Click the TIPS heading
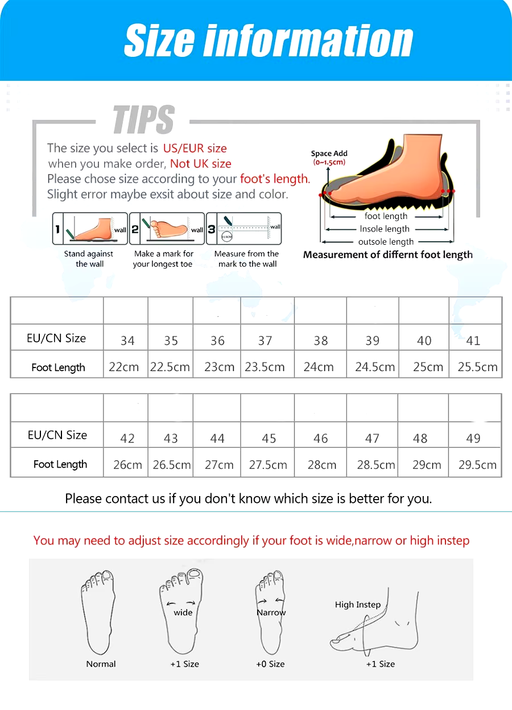143,120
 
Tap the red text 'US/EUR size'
195,148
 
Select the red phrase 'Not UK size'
201,164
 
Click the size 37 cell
265,340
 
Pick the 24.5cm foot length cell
375,367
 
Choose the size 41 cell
473,340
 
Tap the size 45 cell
269,438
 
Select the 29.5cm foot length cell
477,465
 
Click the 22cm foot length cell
124,367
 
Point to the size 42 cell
127,438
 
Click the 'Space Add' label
329,154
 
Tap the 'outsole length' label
386,242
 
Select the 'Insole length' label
385,229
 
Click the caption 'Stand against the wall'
89,259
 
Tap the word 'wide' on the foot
183,613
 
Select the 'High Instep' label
357,605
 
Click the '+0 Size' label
270,664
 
